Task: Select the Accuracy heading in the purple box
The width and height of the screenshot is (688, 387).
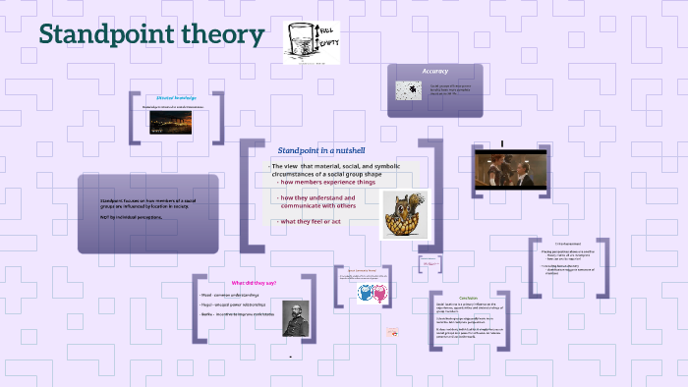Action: pos(435,72)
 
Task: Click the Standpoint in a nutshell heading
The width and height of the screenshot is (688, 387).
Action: pos(321,149)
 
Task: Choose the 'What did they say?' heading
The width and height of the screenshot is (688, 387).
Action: pos(254,283)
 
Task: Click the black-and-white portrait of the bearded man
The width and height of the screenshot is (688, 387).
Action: pos(296,319)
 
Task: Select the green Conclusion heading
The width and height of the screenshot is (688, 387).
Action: pos(468,298)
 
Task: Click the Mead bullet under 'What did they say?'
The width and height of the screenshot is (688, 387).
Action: pos(228,295)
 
